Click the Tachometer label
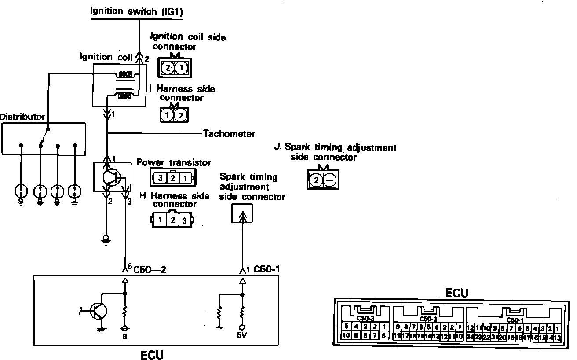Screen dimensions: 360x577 229,133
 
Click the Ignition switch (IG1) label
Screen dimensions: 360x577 137,11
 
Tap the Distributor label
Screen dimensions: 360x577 22,117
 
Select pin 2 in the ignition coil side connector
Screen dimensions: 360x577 168,68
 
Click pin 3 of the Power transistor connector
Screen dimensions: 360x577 161,178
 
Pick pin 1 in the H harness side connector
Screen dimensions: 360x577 161,220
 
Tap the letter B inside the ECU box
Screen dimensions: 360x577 125,337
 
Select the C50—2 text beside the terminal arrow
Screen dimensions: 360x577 149,268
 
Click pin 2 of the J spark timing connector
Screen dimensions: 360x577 316,180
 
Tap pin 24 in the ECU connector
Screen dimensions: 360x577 470,338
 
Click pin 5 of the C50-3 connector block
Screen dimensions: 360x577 347,327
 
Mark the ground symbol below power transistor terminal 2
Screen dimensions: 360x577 106,239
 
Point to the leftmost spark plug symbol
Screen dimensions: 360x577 21,192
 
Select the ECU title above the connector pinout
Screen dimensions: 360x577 456,293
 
